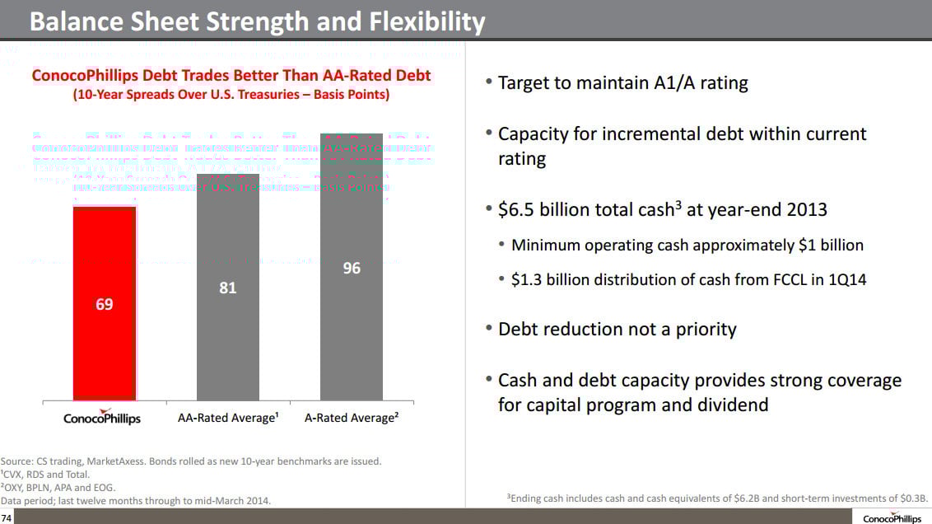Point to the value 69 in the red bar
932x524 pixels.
[x=105, y=304]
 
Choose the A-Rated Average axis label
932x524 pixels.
[x=352, y=418]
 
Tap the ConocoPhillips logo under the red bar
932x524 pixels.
[x=102, y=417]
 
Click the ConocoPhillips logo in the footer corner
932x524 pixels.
[x=892, y=517]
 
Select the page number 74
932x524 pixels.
[x=7, y=517]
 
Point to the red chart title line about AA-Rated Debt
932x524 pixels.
[x=231, y=76]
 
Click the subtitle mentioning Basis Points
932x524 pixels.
[x=231, y=95]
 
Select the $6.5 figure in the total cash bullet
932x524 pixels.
[x=517, y=209]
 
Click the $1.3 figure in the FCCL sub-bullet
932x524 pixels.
[x=527, y=280]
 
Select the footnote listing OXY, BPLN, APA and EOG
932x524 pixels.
[x=58, y=488]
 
